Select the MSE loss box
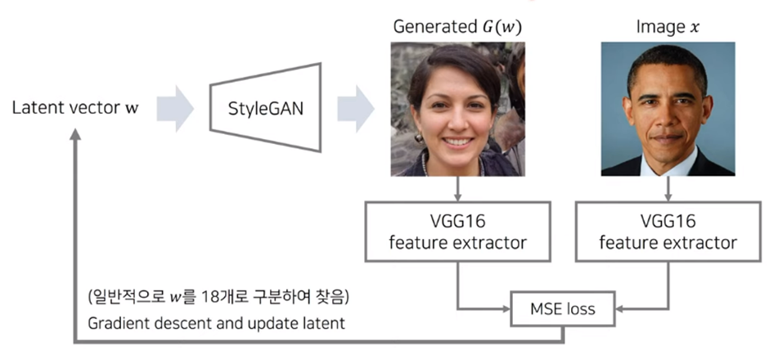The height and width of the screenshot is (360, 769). [x=564, y=310]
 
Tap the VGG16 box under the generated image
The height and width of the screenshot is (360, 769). [x=456, y=232]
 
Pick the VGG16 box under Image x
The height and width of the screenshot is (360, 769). [x=668, y=232]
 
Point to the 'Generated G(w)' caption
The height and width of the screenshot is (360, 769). [x=456, y=27]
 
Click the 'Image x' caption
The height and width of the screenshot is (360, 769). [x=668, y=27]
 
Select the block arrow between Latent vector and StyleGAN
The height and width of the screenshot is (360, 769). [x=174, y=108]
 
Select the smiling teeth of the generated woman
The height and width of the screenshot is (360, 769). [x=456, y=141]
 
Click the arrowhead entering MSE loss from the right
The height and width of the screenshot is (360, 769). [x=619, y=310]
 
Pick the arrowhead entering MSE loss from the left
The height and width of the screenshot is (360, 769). [x=507, y=310]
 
